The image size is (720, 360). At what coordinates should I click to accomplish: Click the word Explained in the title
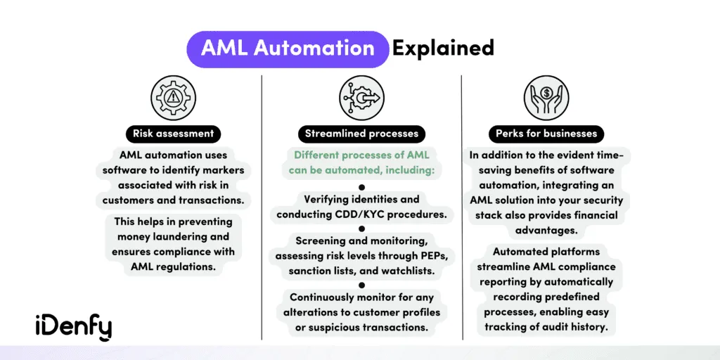click(x=443, y=49)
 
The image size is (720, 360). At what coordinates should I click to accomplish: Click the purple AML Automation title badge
click(x=288, y=49)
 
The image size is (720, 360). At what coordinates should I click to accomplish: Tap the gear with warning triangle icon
click(x=173, y=97)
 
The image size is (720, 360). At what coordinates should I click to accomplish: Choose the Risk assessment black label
click(x=173, y=133)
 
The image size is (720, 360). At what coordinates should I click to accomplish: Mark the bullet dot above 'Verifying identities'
click(x=361, y=188)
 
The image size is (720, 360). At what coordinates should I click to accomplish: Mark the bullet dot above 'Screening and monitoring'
click(x=361, y=229)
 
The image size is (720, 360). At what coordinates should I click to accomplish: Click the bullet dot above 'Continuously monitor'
click(x=361, y=284)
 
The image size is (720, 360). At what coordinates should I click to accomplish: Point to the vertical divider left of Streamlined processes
click(x=262, y=211)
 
